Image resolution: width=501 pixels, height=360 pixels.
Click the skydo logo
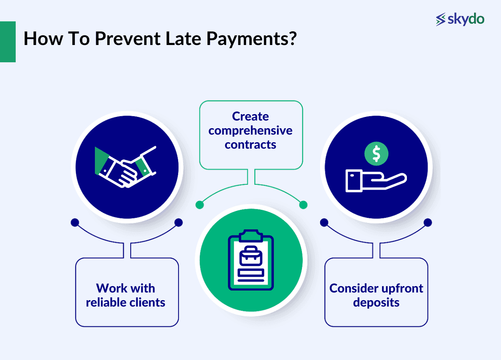(460, 19)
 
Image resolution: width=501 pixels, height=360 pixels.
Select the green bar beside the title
(8, 41)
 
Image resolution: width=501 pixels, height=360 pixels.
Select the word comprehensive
(250, 131)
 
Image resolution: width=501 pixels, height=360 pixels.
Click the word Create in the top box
(250, 117)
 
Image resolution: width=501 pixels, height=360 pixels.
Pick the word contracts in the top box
(250, 145)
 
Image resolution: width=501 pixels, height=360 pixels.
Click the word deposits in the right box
(376, 302)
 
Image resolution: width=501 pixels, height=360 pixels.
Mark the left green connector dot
(199, 205)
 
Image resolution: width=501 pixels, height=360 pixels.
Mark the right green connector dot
(304, 205)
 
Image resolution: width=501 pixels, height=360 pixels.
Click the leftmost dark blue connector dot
(74, 222)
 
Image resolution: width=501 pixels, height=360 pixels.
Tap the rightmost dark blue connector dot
(428, 222)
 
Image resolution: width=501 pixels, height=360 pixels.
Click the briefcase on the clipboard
(250, 256)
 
